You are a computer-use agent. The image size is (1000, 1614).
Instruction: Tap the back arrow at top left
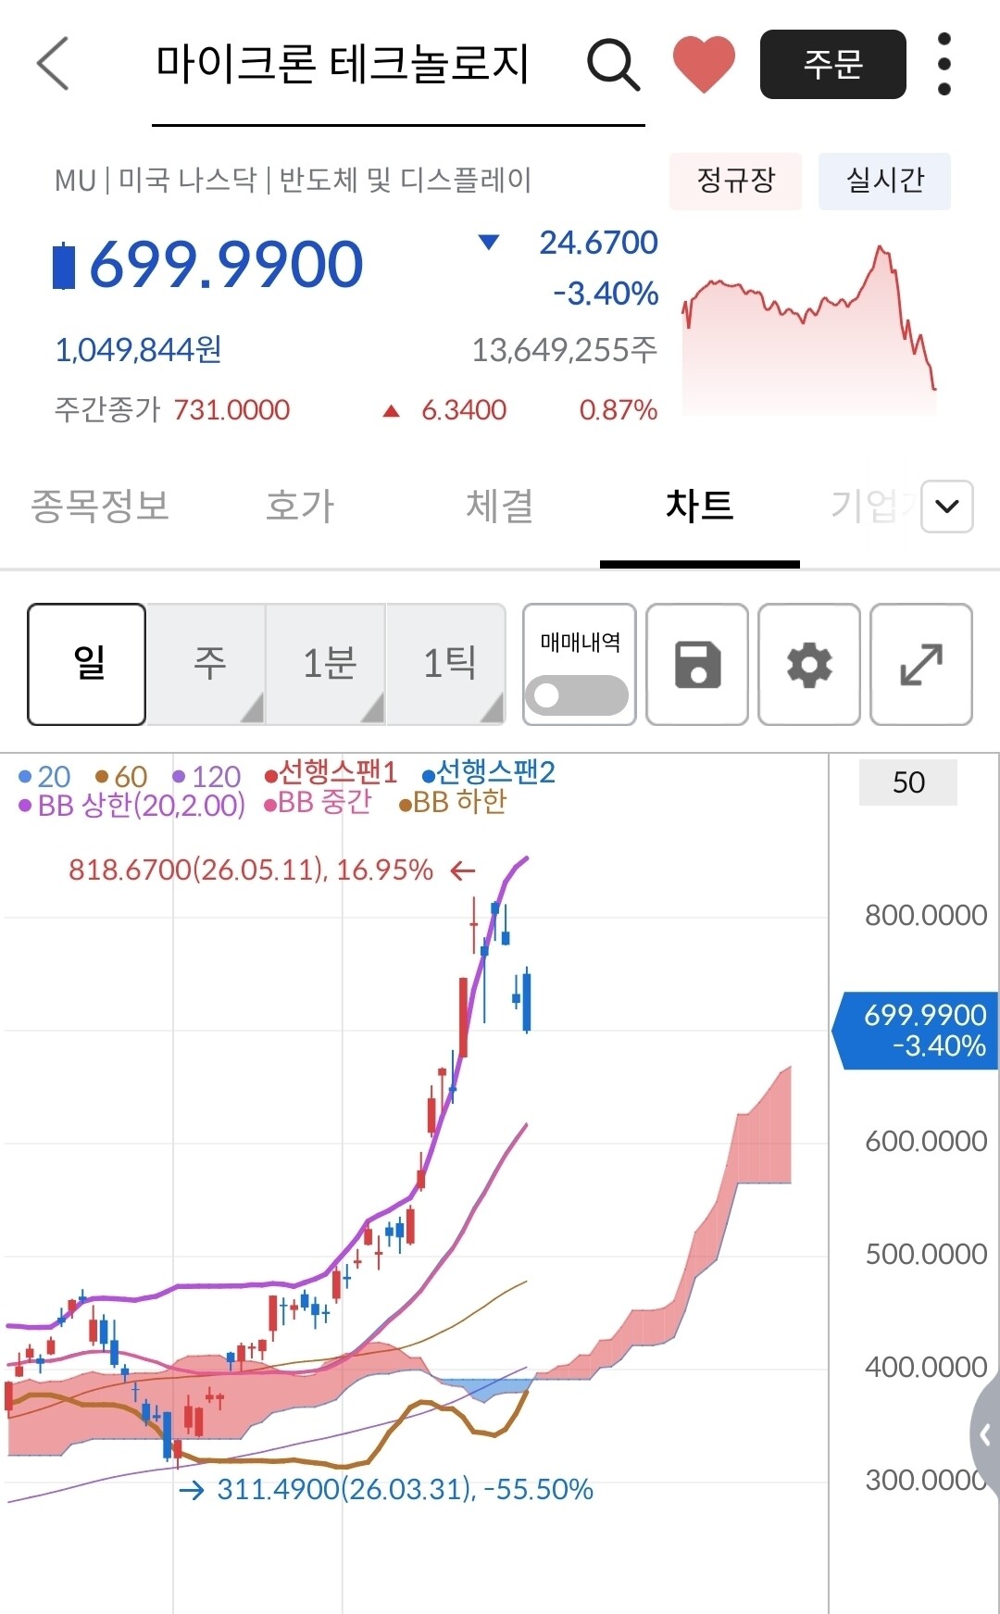pos(53,64)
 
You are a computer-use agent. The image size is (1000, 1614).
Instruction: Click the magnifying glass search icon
pos(613,65)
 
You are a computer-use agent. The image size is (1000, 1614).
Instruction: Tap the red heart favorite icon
pos(704,65)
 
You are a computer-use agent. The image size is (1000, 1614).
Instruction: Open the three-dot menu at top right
pos(944,64)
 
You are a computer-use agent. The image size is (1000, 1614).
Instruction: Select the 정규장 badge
pos(735,181)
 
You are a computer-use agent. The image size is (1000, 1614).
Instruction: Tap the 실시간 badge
pos(884,181)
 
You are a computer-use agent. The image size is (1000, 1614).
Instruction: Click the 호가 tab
pos(299,506)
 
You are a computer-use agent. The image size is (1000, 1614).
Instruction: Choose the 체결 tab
pos(499,506)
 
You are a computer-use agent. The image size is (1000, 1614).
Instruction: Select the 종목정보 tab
pos(100,506)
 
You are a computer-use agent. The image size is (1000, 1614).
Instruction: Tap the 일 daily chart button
pos(87,664)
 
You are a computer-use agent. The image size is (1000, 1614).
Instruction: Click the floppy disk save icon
pos(697,664)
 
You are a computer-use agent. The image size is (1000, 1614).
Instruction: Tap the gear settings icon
pos(809,664)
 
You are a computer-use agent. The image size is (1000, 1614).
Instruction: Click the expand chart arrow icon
pos(921,664)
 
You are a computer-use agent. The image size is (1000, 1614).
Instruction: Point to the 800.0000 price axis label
pos(926,915)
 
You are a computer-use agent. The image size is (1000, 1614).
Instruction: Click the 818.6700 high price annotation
pos(251,870)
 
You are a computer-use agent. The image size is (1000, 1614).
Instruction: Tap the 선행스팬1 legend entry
pos(331,772)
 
